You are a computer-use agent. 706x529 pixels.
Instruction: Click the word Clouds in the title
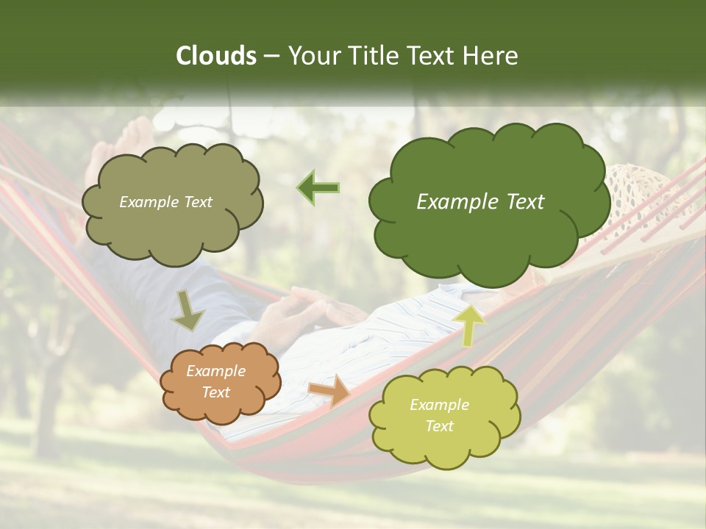215,56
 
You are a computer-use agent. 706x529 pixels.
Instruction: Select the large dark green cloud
485,220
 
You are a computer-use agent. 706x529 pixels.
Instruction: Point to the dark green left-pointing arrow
318,187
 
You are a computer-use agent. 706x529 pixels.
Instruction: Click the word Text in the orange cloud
216,392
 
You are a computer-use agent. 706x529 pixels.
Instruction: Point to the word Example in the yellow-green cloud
439,405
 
